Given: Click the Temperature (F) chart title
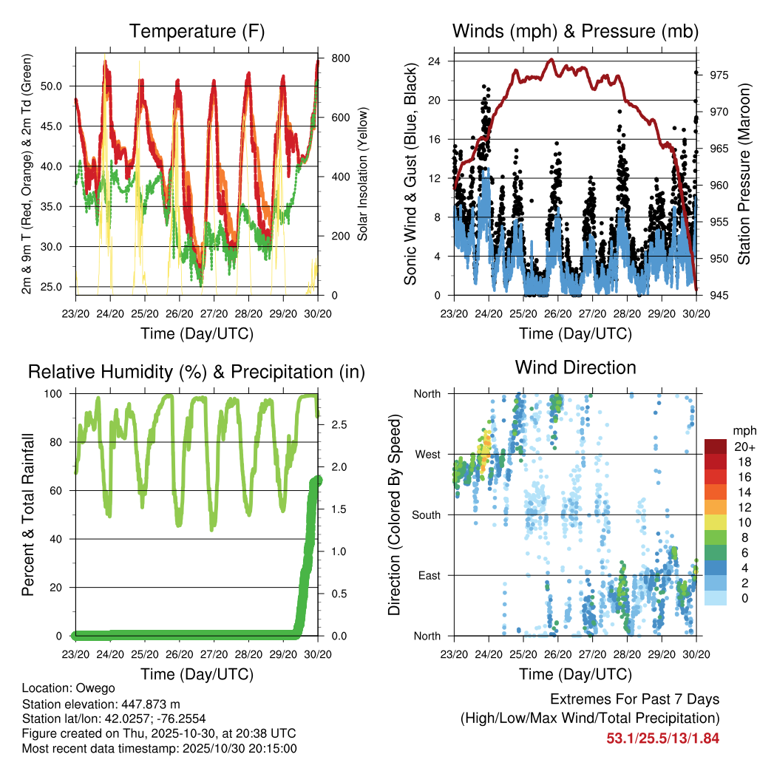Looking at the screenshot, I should click(197, 32).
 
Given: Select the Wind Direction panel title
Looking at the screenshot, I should click(575, 367).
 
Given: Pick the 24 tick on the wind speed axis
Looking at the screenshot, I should click(435, 61).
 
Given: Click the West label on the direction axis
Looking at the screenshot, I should click(427, 454).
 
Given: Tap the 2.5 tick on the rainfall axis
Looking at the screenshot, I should click(336, 425).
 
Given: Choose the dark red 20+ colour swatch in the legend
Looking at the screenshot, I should click(716, 447).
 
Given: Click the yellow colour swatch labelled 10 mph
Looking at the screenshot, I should click(716, 522).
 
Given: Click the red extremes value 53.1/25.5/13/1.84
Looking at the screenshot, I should click(662, 738).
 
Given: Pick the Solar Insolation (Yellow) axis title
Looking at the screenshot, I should click(362, 174).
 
